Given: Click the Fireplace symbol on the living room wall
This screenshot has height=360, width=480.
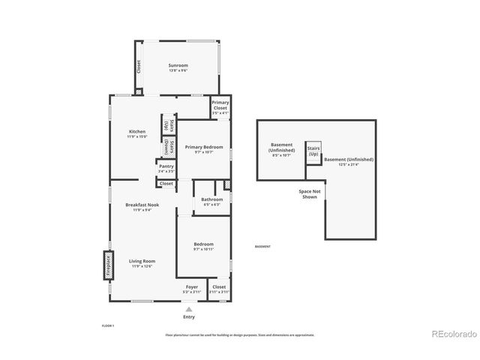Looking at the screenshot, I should (x=107, y=267).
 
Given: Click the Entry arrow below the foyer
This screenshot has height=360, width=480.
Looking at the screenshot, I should (x=189, y=309).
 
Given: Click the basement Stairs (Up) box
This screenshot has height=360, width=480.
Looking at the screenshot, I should (x=313, y=151).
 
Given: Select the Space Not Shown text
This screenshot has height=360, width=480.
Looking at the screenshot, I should (x=310, y=194).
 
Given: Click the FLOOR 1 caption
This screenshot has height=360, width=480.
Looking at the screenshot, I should (x=108, y=325).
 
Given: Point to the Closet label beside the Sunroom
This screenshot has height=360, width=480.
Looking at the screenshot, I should (x=139, y=67).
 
